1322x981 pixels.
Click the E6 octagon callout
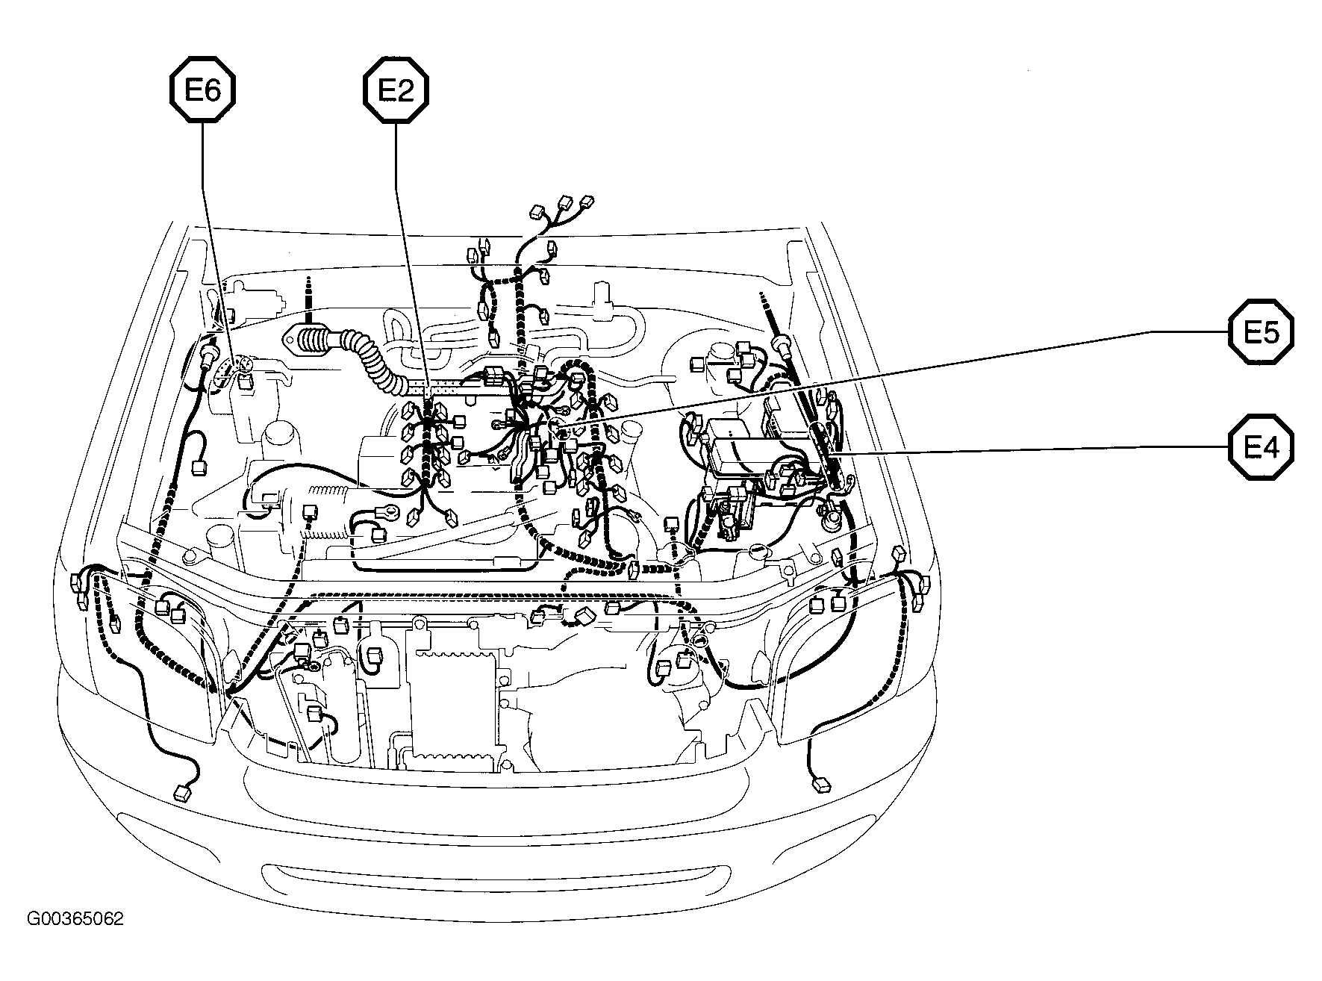coord(202,90)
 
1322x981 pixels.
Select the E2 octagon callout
coord(396,90)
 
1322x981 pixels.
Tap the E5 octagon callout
coord(1261,331)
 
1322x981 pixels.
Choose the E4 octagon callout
coord(1261,448)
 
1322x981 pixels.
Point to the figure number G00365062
coord(75,918)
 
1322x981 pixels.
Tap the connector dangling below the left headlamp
coord(181,792)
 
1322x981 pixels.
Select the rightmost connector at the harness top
coord(587,202)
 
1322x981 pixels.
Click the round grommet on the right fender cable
coord(782,344)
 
